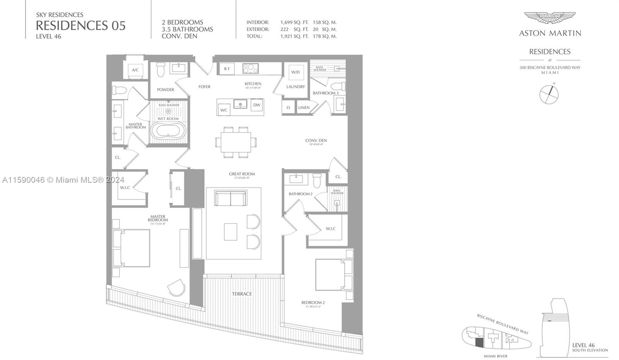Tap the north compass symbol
549,94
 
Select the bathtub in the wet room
168,131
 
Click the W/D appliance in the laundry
296,72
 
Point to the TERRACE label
242,294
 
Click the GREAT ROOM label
242,174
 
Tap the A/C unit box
135,70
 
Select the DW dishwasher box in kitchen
257,105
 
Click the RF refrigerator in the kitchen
227,69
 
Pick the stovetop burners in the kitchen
250,69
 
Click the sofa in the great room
231,199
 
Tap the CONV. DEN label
316,140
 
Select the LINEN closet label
304,108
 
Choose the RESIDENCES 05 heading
80,26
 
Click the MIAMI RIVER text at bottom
496,356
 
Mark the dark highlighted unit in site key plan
479,342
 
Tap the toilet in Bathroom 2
317,180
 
